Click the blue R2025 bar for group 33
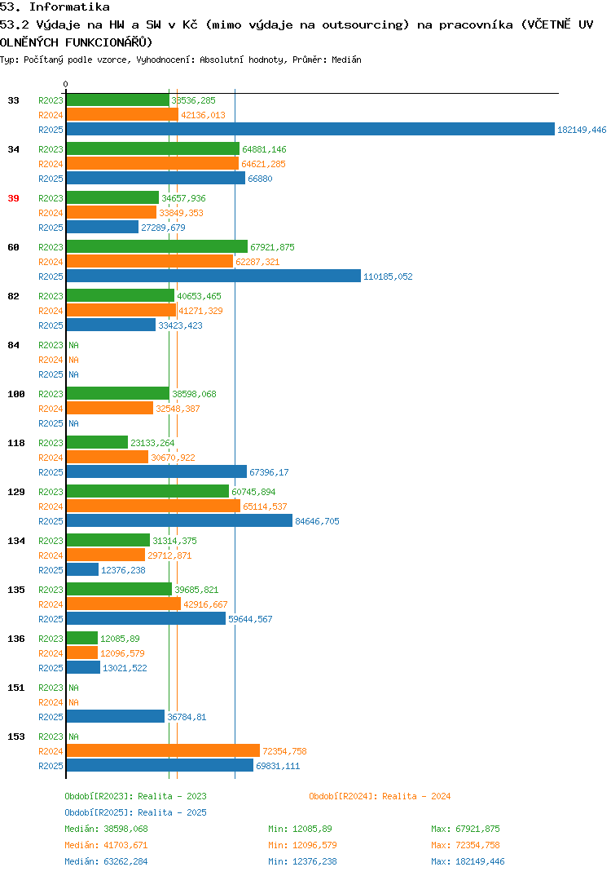311,129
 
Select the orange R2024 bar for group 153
164,751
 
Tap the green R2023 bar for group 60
157,246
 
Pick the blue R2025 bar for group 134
82,569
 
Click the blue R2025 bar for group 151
116,716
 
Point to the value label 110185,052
388,277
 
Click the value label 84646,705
317,521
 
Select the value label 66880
260,179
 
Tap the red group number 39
13,198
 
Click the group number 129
16,492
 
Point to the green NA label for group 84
73,345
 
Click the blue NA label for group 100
73,423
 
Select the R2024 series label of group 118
51,458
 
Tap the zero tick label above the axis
65,84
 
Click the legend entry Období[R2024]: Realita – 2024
380,796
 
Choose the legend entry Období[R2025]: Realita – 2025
135,812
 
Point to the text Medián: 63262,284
106,861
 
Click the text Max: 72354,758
465,845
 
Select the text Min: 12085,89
300,829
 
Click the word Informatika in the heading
69,7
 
